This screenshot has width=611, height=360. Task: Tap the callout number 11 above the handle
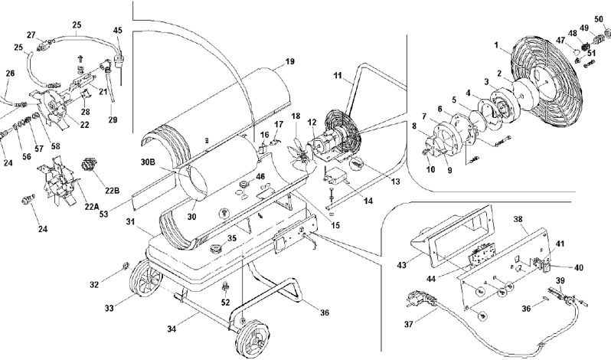pyautogui.click(x=337, y=77)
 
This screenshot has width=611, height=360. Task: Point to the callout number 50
pyautogui.click(x=599, y=18)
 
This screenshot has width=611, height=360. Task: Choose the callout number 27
pyautogui.click(x=31, y=34)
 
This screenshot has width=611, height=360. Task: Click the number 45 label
pyautogui.click(x=117, y=31)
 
